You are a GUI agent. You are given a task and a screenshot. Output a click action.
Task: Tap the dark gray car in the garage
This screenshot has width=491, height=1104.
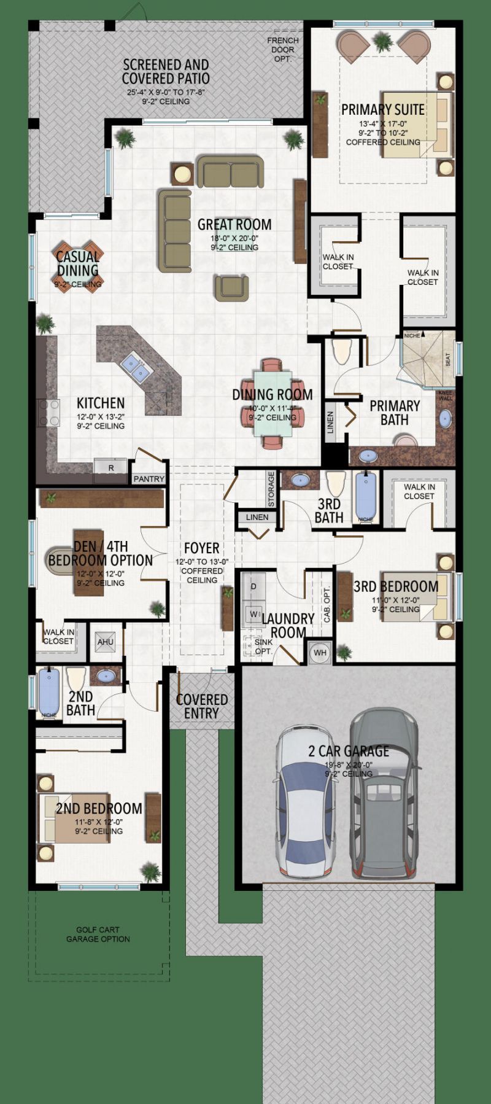pyautogui.click(x=382, y=792)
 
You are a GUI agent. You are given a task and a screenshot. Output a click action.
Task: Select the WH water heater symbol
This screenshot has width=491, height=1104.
pyautogui.click(x=320, y=653)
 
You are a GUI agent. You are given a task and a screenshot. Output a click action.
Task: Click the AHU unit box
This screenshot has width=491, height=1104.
pyautogui.click(x=106, y=642)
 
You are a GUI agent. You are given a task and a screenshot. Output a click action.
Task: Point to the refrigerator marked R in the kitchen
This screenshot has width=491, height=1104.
pyautogui.click(x=110, y=467)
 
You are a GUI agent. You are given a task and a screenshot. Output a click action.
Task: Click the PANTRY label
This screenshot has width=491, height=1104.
pyautogui.click(x=149, y=479)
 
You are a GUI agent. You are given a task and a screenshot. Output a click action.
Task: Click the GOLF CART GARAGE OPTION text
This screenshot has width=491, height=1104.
pyautogui.click(x=98, y=935)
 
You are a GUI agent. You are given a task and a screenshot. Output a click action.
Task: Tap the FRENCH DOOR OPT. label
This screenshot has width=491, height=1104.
pyautogui.click(x=283, y=49)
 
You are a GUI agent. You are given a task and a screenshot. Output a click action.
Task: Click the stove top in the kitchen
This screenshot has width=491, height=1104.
pyautogui.click(x=49, y=413)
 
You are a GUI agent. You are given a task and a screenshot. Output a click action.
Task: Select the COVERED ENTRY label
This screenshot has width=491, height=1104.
pyautogui.click(x=202, y=706)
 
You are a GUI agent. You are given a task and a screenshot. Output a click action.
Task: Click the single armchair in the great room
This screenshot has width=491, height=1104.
pyautogui.click(x=232, y=287)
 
